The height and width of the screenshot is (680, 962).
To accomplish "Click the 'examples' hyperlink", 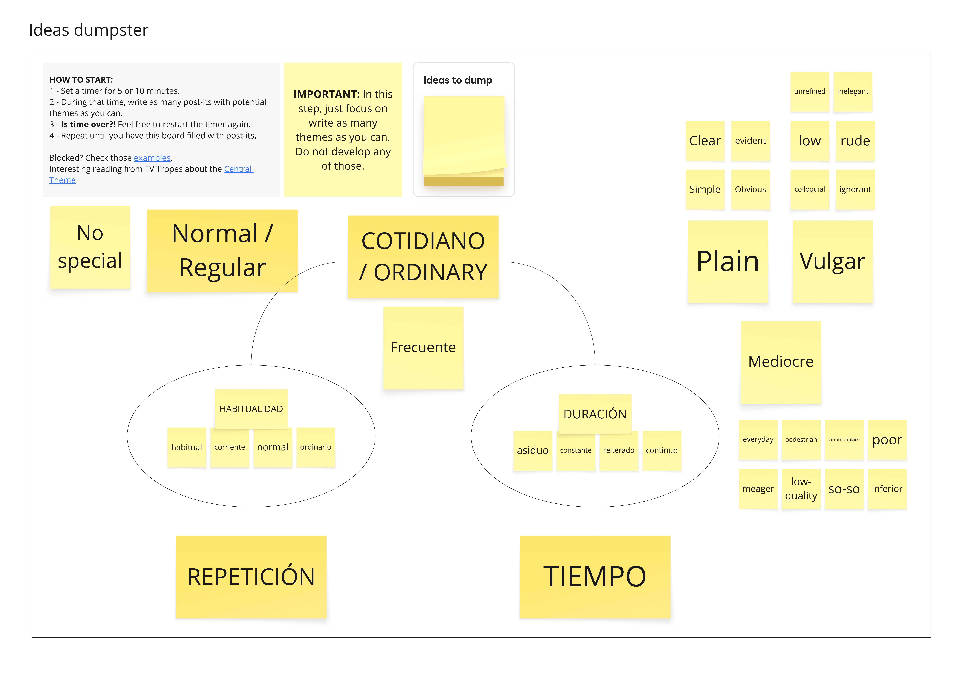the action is click(152, 158).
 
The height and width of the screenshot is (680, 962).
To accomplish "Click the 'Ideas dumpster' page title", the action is click(88, 30).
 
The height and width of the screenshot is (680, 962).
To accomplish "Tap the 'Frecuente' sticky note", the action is click(423, 348).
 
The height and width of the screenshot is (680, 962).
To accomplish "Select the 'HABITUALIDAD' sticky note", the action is click(251, 409).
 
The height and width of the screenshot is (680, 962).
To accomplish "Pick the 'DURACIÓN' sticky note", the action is click(595, 414).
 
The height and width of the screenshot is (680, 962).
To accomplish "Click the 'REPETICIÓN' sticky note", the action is click(251, 577).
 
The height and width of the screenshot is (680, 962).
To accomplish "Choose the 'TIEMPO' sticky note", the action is click(595, 577).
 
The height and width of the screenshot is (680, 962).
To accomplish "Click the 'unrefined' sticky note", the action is click(809, 91).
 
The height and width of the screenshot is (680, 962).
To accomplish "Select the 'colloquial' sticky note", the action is click(809, 189).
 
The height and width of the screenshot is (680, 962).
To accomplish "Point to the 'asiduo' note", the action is click(533, 451).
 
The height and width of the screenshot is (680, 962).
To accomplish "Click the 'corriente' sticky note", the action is click(230, 447).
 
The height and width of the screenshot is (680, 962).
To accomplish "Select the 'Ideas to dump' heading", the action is click(458, 80).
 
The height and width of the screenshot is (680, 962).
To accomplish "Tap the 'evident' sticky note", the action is click(750, 141).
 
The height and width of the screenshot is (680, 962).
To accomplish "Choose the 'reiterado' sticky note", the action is click(618, 451).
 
